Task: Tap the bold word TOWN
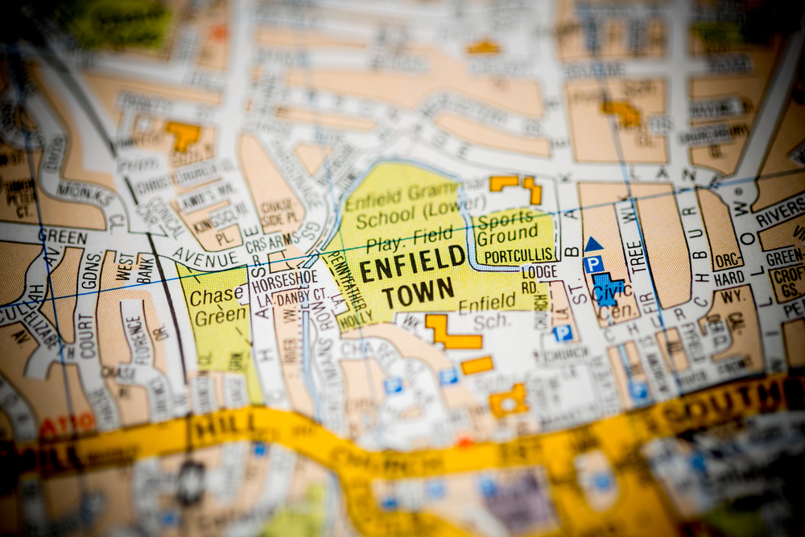(x=418, y=293)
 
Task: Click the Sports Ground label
(x=506, y=228)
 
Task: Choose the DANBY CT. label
(x=302, y=295)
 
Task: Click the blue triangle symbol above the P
(x=593, y=244)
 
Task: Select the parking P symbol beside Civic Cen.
(x=593, y=264)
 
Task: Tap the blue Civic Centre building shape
(x=605, y=289)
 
